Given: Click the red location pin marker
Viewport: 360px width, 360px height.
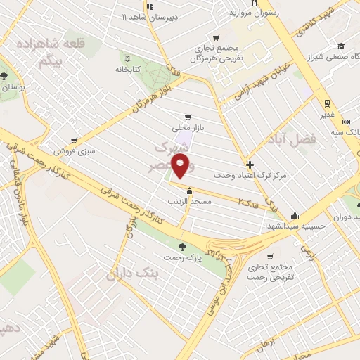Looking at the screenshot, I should [x=181, y=167].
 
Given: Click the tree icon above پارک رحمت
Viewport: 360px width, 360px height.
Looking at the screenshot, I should [x=183, y=247].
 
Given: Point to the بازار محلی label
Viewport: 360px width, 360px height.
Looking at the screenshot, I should [x=186, y=129].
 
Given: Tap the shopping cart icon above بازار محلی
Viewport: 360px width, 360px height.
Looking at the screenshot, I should [x=186, y=118].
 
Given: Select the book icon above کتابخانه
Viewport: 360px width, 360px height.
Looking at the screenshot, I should [x=127, y=58].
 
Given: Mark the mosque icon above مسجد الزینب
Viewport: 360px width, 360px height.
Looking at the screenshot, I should [x=189, y=191].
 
